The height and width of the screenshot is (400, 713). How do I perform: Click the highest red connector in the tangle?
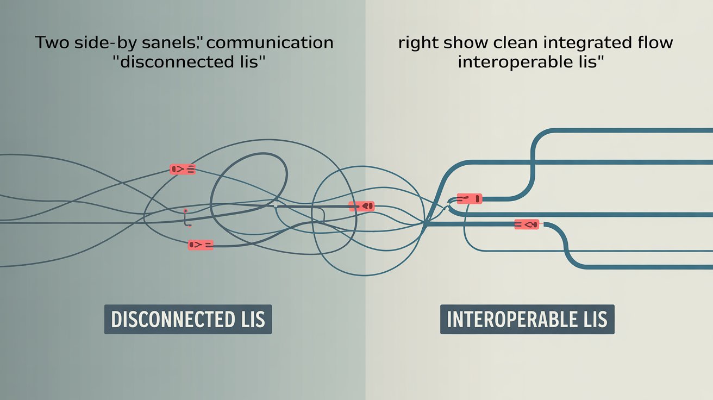click(183, 170)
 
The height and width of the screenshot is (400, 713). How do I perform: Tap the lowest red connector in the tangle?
click(201, 245)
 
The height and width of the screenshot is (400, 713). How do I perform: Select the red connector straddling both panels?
click(362, 206)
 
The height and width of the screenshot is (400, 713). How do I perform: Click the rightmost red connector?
click(527, 224)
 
